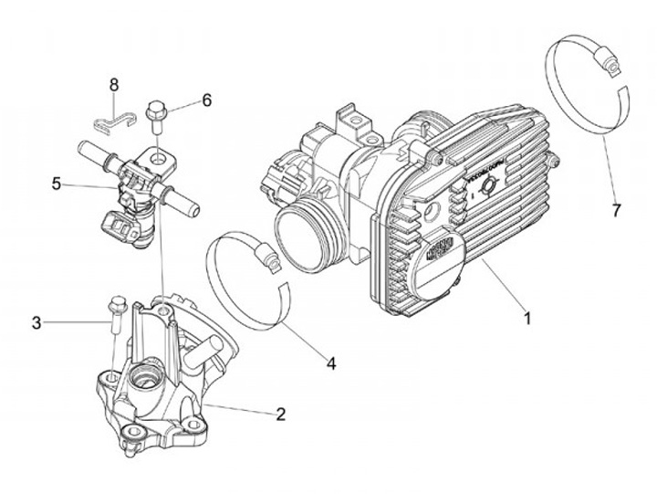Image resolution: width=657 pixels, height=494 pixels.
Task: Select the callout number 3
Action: [x=36, y=321]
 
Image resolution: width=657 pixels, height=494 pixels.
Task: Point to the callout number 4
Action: [x=330, y=363]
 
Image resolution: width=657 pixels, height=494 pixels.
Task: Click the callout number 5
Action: [x=57, y=184]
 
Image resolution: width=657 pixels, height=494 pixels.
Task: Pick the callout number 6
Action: [x=206, y=100]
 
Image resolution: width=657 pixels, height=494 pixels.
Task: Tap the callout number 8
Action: [x=114, y=84]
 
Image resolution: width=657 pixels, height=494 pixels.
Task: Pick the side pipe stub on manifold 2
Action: [x=207, y=349]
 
